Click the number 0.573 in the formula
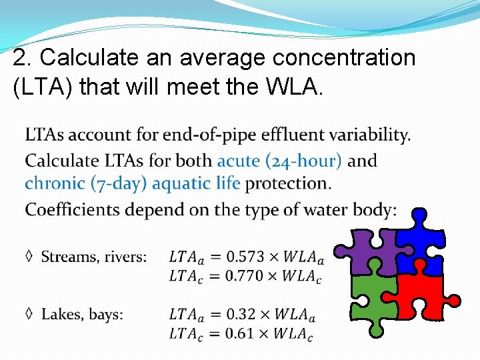click(245, 257)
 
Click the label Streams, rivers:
click(94, 257)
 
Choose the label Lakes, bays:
click(82, 314)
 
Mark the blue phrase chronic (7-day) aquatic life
click(133, 183)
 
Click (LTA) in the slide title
click(43, 87)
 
